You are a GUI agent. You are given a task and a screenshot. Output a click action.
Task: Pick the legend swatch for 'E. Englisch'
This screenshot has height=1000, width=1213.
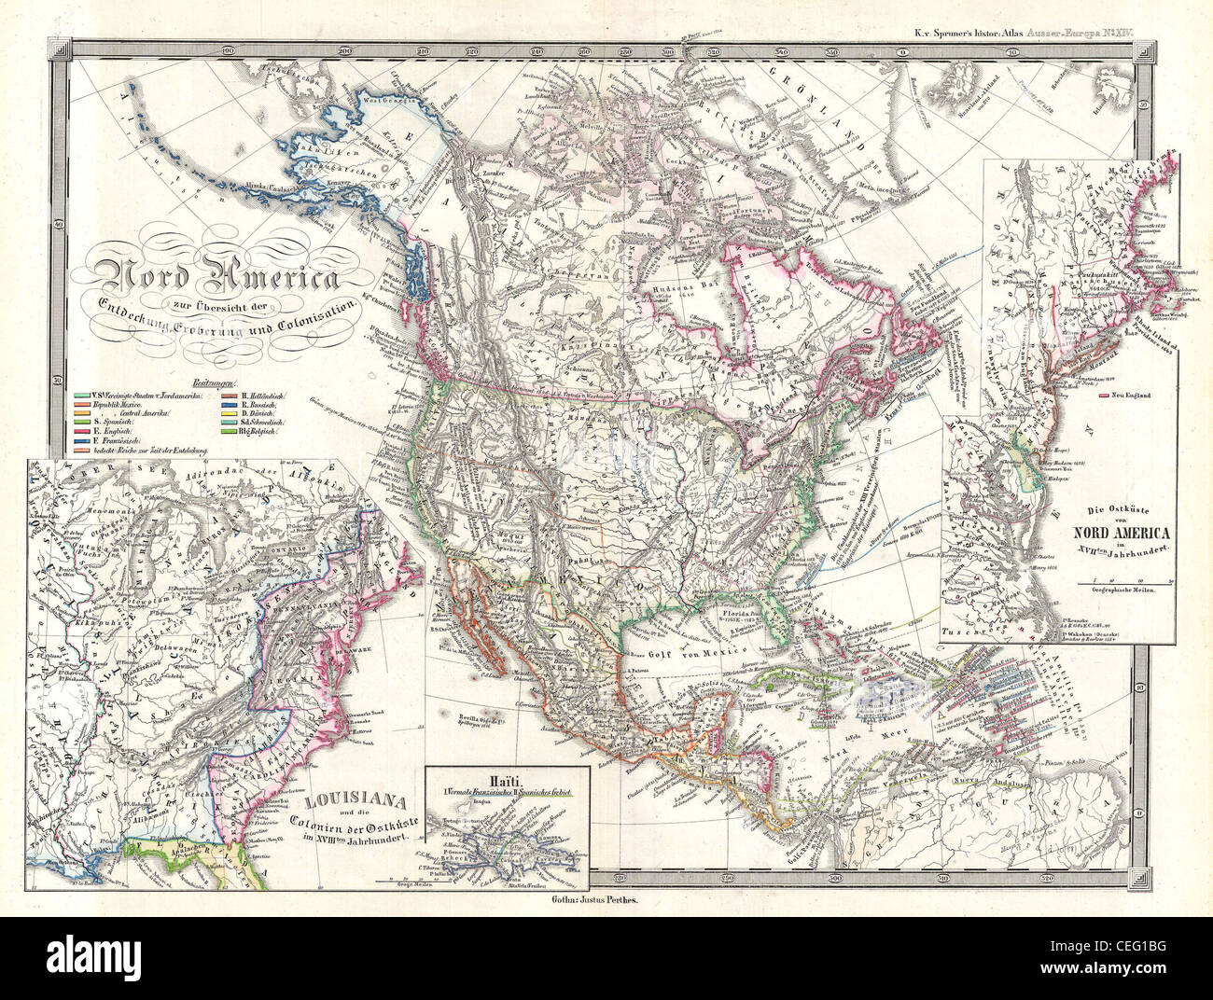pos(82,434)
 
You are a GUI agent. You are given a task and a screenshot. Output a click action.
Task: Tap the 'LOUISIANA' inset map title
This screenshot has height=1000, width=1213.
pos(351,801)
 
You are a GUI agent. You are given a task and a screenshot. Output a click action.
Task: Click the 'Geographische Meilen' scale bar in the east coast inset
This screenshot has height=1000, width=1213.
pos(1120,589)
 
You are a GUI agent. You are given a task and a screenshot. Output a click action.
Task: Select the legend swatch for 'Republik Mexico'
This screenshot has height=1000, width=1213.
pos(82,408)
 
